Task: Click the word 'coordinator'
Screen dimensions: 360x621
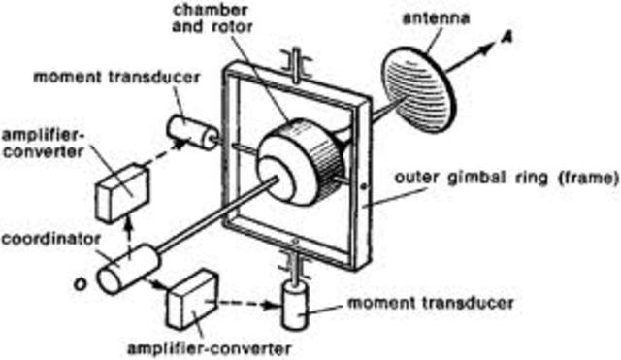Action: point(46,236)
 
